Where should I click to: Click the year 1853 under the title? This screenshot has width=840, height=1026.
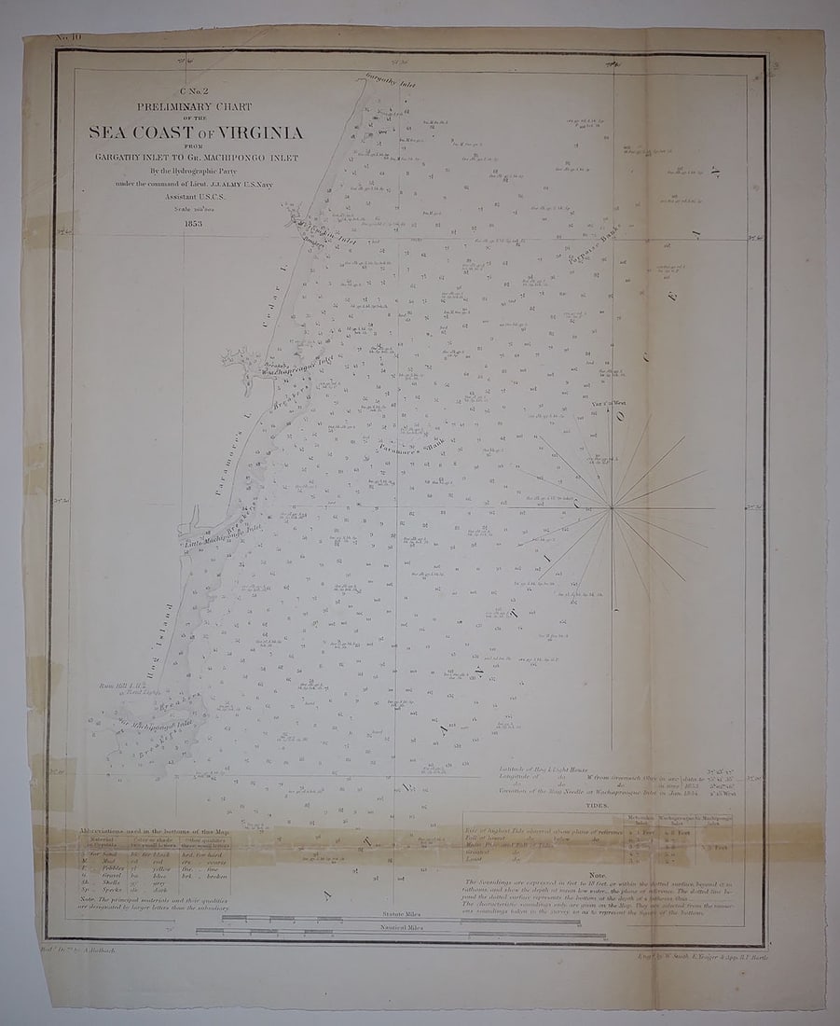pos(196,224)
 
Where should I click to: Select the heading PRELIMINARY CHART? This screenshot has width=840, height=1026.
pos(194,107)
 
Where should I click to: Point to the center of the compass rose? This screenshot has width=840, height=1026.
pos(613,508)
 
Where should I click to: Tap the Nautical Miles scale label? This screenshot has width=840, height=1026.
pos(403,929)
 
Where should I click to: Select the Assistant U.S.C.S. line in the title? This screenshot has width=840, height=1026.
pos(196,198)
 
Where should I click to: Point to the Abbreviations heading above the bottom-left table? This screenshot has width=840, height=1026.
pos(154,830)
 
